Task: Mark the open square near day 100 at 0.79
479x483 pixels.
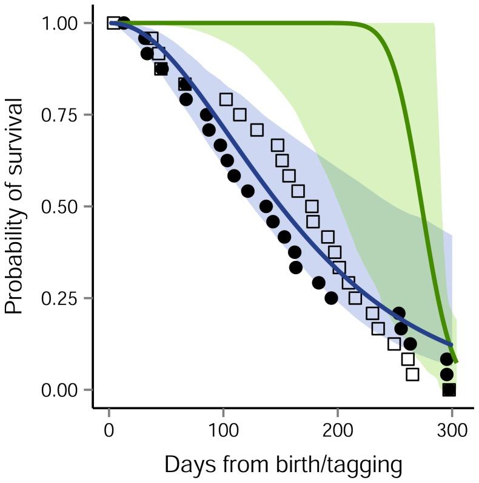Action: pos(226,99)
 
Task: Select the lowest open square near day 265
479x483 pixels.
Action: pos(412,375)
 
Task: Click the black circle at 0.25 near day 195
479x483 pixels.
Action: pos(331,298)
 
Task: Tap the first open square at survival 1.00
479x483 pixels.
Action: pos(113,23)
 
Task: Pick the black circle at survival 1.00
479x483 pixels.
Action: pos(124,23)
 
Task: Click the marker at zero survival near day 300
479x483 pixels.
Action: pos(449,390)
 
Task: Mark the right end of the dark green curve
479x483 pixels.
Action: pos(457,362)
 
